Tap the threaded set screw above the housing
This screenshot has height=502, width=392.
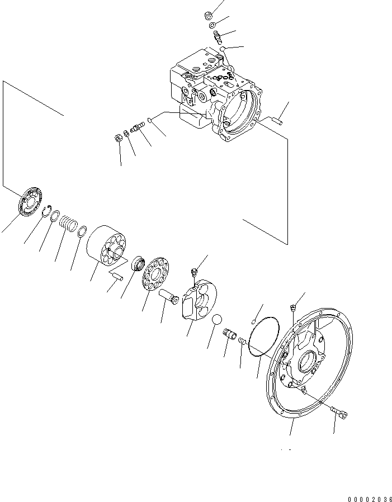(219, 38)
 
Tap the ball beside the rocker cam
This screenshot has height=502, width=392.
(217, 321)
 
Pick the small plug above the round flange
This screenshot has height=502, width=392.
(292, 306)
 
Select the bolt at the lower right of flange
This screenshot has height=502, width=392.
(339, 413)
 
